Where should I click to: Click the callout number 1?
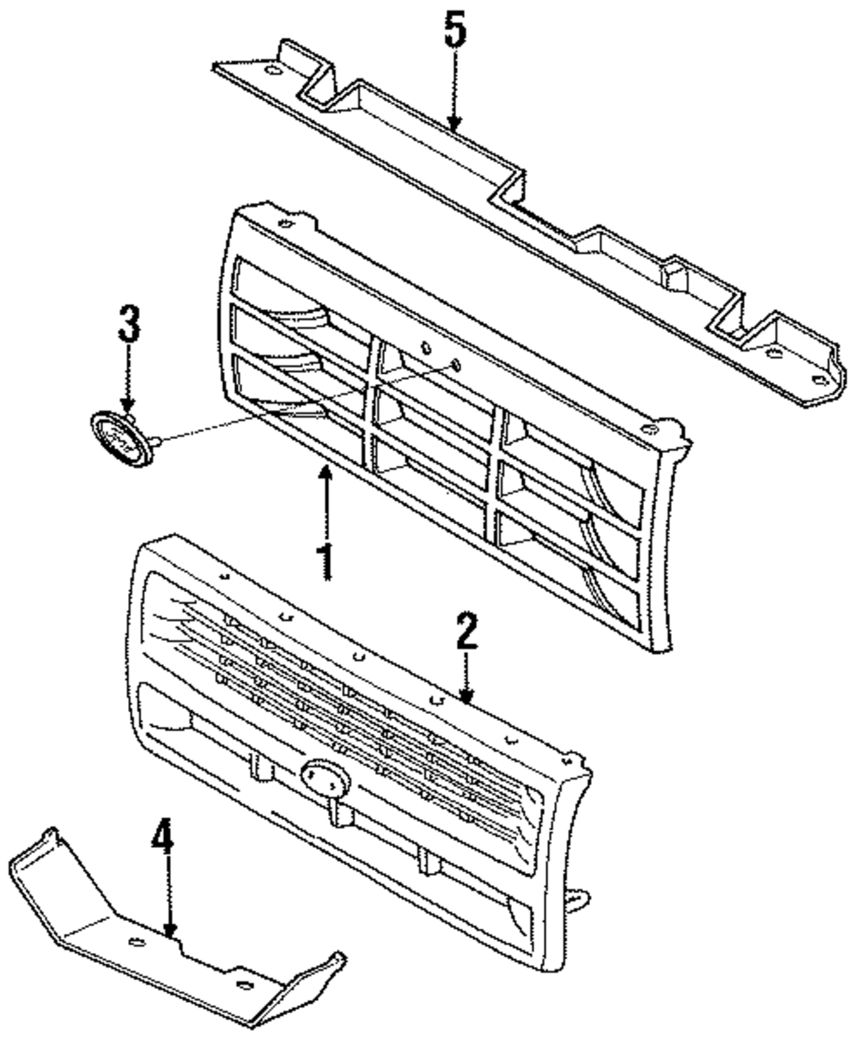click(x=325, y=560)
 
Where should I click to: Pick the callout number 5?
click(x=454, y=32)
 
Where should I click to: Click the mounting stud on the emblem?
click(x=155, y=442)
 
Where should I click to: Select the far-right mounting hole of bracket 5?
click(x=816, y=378)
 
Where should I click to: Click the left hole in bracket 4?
click(x=135, y=943)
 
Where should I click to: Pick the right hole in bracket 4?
click(x=243, y=985)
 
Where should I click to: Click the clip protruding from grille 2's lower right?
click(x=577, y=898)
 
